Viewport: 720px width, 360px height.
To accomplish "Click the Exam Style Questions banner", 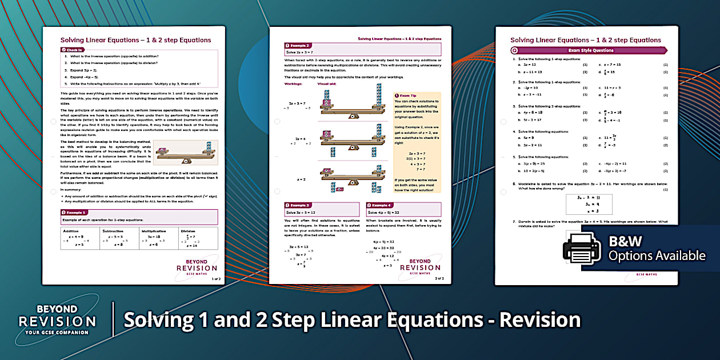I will pos(590,50).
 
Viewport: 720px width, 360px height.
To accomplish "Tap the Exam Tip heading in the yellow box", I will pos(407,96).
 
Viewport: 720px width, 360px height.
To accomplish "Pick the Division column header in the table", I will pos(188,231).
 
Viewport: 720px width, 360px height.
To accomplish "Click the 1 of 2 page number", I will pos(215,278).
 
